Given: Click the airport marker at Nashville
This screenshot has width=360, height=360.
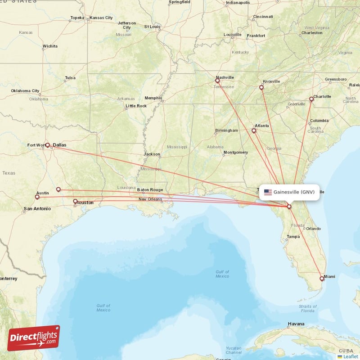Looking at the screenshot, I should click(218, 81).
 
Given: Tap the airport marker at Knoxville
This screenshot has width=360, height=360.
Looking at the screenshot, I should click(261, 88).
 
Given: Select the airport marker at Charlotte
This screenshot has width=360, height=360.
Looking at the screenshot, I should click(311, 99).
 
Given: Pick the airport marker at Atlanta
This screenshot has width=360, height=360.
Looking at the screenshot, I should click(254, 131).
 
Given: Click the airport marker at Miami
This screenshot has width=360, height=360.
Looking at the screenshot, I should click(322, 279).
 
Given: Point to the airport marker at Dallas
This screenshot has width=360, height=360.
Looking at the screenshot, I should click(47, 145).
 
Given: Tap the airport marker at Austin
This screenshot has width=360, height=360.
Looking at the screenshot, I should click(37, 197).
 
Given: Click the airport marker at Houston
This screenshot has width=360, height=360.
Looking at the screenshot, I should click(75, 201).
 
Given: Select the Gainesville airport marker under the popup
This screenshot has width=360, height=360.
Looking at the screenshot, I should click(289, 207).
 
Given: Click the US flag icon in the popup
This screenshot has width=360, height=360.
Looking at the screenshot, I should click(268, 192).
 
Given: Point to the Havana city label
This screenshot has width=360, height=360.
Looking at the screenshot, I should click(296, 324).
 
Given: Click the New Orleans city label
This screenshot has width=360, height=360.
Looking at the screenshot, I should click(150, 199).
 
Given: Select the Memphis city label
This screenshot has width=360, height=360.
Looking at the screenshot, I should click(153, 98).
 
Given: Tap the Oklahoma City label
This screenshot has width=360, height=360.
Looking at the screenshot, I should click(26, 91).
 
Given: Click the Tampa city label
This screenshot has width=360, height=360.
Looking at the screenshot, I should click(293, 237).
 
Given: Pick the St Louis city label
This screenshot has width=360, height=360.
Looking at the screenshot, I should click(152, 27).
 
